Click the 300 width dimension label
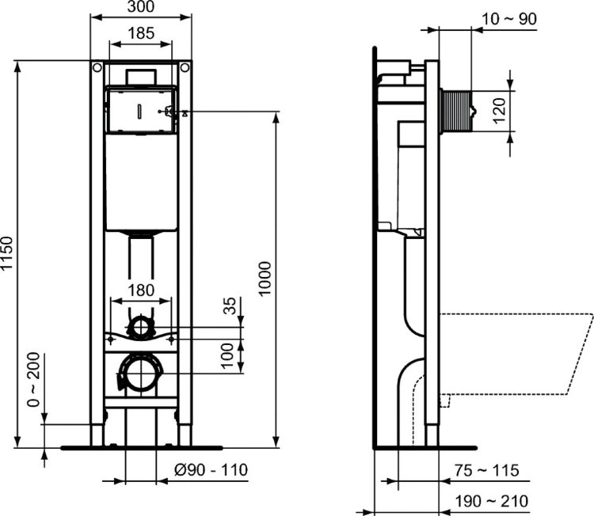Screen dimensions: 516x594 [x=141, y=7]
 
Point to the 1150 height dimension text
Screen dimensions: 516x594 [x=8, y=254]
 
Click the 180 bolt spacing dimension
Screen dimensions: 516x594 [x=141, y=290]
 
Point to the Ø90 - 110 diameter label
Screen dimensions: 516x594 [x=211, y=470]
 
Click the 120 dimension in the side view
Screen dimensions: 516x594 [x=499, y=112]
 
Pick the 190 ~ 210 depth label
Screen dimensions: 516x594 [x=487, y=501]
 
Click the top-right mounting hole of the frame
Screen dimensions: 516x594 [x=185, y=66]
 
